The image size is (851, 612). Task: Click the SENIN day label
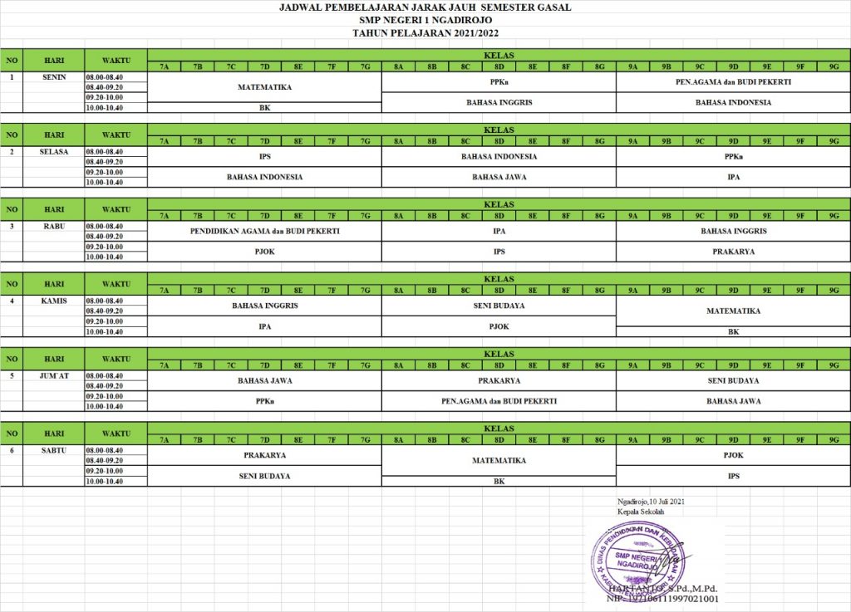click(54, 77)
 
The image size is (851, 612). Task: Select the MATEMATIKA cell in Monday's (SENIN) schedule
click(264, 86)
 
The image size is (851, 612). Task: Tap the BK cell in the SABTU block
click(499, 481)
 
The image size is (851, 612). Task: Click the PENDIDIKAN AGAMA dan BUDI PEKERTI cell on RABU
click(264, 231)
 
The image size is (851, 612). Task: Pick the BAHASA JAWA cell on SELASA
click(499, 177)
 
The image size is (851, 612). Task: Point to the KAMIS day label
click(54, 301)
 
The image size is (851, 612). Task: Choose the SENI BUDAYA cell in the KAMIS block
click(499, 306)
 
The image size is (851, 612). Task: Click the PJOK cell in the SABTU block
click(734, 455)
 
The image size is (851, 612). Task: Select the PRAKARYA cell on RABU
click(734, 252)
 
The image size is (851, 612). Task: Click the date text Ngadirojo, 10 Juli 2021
click(652, 502)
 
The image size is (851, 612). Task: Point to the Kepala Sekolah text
click(635, 512)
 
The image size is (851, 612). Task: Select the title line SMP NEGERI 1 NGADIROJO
click(425, 20)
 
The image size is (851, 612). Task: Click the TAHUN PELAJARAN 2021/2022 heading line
click(425, 32)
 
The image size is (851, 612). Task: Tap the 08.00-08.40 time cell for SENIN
click(116, 76)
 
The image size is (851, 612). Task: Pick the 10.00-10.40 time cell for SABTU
click(116, 481)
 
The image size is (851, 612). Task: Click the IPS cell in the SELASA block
click(264, 156)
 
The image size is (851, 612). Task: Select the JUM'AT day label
click(54, 375)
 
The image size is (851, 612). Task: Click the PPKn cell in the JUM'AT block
click(264, 401)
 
